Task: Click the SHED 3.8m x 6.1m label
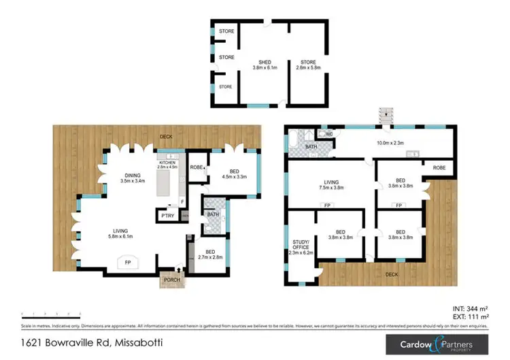coord(262,65)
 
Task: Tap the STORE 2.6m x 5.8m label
coord(306,65)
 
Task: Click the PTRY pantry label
coord(167,216)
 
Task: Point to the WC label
coord(328,133)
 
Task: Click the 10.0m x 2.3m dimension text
coord(390,143)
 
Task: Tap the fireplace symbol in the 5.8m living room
coord(129,262)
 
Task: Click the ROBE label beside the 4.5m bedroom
coord(196,167)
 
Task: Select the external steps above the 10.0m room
coord(386,115)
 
